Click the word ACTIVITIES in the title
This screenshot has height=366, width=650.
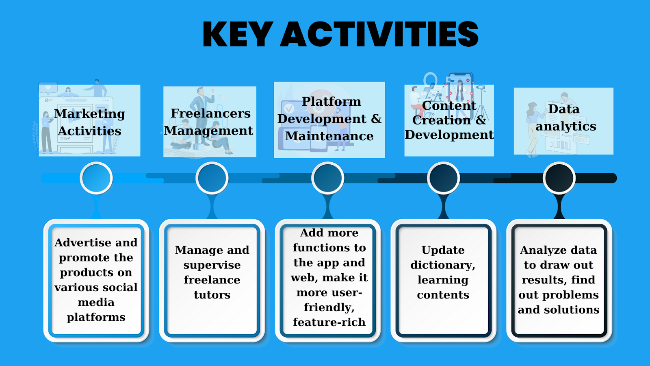[379, 34]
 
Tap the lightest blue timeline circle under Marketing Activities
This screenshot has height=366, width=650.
[96, 178]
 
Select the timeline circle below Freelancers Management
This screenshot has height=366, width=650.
[212, 178]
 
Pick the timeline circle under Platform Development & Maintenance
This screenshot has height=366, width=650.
[327, 178]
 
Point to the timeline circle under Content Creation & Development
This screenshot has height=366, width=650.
[443, 178]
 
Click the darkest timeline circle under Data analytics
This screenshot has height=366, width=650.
[559, 178]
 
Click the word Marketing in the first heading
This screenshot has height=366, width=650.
[90, 114]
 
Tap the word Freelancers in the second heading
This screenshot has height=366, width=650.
[210, 113]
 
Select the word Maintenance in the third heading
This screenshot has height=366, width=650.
[329, 136]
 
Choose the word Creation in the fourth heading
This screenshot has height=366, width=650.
[441, 120]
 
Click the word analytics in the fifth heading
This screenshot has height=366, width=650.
[566, 126]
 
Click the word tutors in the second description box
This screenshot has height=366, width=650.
[212, 295]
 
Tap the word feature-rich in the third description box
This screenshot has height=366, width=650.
[329, 322]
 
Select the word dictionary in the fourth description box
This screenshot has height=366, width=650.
[442, 265]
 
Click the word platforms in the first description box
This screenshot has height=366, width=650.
[96, 318]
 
